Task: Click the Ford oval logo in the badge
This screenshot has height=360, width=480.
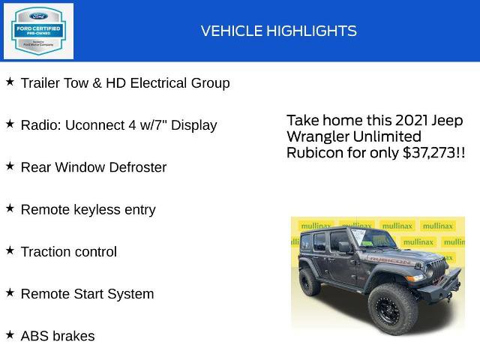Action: point(38,15)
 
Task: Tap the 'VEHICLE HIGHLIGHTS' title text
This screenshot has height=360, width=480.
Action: point(278,31)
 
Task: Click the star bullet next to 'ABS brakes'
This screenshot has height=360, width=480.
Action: point(10,334)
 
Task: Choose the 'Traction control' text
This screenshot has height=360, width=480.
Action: point(68,252)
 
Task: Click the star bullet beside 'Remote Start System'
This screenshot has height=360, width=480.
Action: point(10,292)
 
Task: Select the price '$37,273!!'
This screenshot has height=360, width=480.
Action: point(433,153)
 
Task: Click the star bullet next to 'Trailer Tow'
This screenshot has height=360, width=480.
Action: point(10,82)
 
